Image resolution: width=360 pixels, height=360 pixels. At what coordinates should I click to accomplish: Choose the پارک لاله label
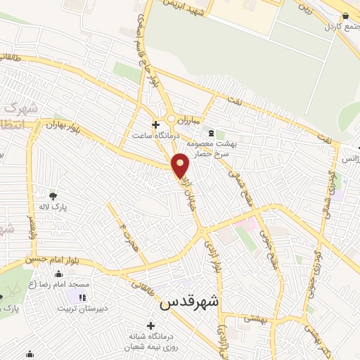52,207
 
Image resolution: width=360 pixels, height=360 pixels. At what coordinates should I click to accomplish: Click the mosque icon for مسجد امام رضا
59,274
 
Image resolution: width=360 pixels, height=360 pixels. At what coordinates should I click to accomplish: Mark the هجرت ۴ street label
124,229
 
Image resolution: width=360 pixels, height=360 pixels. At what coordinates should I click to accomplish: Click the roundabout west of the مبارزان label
171,118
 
